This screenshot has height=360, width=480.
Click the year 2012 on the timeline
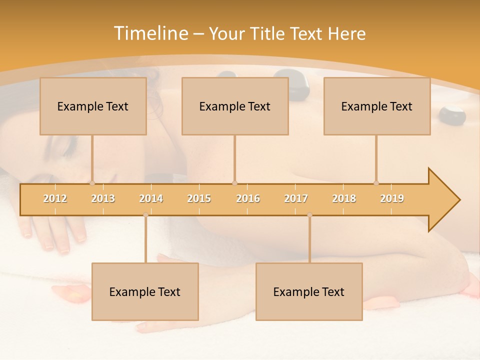[x=55, y=198]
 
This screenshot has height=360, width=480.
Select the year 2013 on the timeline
[x=103, y=198]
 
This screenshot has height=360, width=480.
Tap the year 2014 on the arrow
[x=151, y=198]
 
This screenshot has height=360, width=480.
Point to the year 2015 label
[x=199, y=198]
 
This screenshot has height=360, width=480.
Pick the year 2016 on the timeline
[x=248, y=198]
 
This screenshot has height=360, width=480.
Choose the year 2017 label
[x=296, y=198]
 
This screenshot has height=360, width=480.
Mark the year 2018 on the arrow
[x=344, y=198]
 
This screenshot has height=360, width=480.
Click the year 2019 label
[x=392, y=198]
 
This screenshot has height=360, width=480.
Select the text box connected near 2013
[x=93, y=106]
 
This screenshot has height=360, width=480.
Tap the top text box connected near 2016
[x=235, y=106]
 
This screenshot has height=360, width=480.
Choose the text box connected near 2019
[x=377, y=106]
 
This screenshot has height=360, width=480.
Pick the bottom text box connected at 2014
[x=145, y=291]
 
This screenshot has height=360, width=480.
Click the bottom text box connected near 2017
[x=309, y=291]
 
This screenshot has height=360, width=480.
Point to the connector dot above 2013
[x=92, y=183]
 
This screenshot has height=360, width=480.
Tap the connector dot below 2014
[x=145, y=215]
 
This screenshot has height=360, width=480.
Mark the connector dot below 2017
[x=309, y=215]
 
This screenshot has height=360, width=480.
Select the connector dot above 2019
[x=376, y=183]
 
